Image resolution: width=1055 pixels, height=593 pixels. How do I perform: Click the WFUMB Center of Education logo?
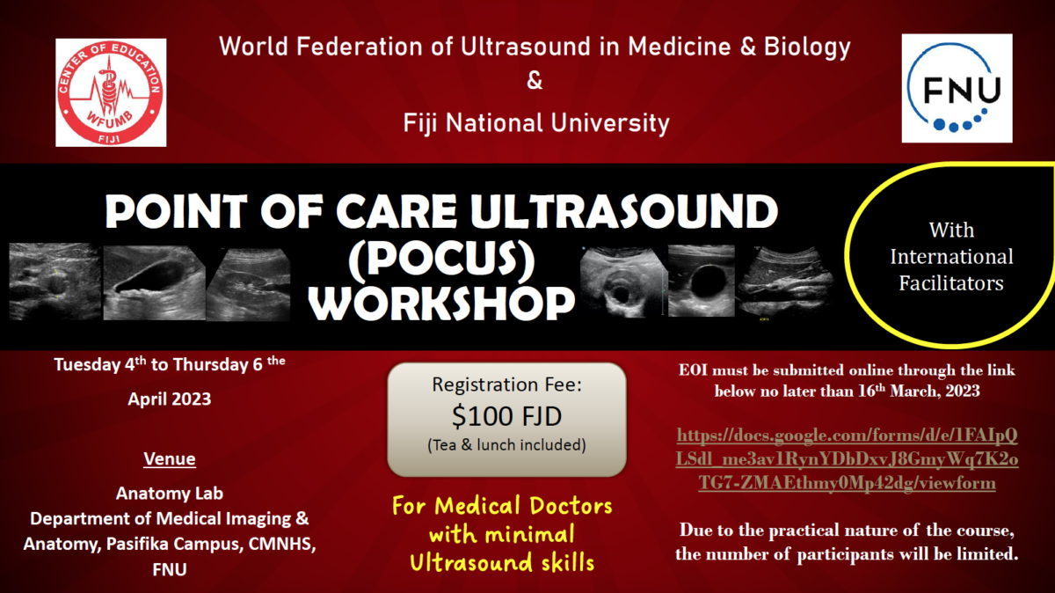[x=111, y=92]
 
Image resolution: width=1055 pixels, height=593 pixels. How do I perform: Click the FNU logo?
[x=957, y=88]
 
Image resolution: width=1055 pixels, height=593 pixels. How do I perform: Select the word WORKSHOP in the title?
[x=441, y=303]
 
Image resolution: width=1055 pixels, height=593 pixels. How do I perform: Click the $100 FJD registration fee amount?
[x=506, y=416]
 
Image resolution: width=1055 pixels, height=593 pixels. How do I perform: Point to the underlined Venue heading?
[x=170, y=458]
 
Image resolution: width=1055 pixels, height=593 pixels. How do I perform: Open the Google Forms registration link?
[x=847, y=458]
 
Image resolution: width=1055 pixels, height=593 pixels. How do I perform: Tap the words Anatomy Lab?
[x=170, y=493]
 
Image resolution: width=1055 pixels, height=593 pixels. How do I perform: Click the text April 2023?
[x=170, y=399]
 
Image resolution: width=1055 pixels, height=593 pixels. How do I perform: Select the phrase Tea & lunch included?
[x=506, y=445]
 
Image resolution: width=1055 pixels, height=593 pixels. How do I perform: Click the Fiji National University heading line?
[x=536, y=123]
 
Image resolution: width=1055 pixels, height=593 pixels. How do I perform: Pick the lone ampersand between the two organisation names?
[x=535, y=80]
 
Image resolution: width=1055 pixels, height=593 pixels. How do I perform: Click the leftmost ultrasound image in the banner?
[x=55, y=282]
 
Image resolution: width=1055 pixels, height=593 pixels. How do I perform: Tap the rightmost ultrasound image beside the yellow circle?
[x=785, y=282]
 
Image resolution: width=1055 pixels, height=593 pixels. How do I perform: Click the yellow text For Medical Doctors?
[x=502, y=506]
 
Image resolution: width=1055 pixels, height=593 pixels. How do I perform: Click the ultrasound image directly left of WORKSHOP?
[x=248, y=285]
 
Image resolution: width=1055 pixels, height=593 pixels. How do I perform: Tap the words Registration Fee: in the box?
[x=506, y=384]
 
